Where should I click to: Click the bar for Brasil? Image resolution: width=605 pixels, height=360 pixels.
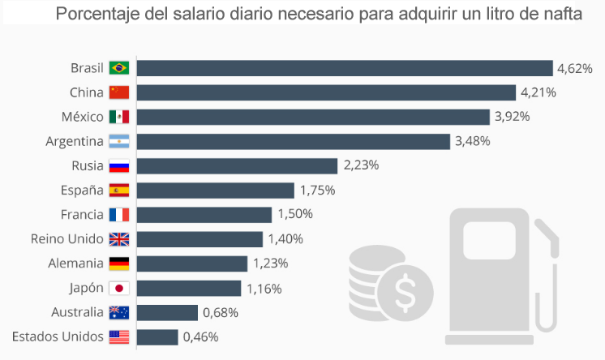pyautogui.click(x=345, y=68)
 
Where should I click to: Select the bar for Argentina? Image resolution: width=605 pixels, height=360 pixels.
pyautogui.click(x=293, y=142)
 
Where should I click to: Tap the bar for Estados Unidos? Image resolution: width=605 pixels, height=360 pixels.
pyautogui.click(x=157, y=336)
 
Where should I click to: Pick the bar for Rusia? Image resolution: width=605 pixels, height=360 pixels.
pyautogui.click(x=237, y=166)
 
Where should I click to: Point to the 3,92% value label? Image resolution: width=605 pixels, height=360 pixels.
pyautogui.click(x=512, y=117)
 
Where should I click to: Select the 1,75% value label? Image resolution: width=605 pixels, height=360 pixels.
pyautogui.click(x=317, y=191)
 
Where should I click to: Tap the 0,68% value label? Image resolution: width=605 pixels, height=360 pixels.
pyautogui.click(x=220, y=312)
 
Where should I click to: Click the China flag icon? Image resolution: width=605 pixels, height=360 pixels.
pyautogui.click(x=119, y=92)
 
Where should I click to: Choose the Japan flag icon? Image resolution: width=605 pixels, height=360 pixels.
pyautogui.click(x=119, y=288)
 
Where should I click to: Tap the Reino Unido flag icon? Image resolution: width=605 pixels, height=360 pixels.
pyautogui.click(x=119, y=239)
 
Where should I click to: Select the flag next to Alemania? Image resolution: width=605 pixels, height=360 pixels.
pyautogui.click(x=119, y=264)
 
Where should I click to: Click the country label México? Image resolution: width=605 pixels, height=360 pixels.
pyautogui.click(x=83, y=117)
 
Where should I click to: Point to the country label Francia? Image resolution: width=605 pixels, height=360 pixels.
pyautogui.click(x=82, y=215)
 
